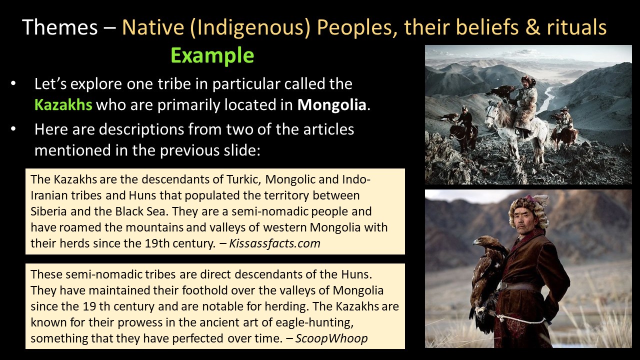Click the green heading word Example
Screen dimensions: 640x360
click(x=212, y=55)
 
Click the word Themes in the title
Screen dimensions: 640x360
click(x=60, y=27)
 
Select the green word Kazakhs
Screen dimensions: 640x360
click(x=63, y=104)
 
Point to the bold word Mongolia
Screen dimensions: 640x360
click(x=331, y=104)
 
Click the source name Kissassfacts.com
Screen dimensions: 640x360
click(x=274, y=243)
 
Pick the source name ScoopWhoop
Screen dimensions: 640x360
click(x=331, y=338)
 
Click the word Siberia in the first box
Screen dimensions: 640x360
click(x=48, y=211)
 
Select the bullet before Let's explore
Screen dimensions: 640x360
click(x=13, y=83)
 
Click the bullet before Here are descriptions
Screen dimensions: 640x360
click(x=13, y=129)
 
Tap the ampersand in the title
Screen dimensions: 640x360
click(x=533, y=27)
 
